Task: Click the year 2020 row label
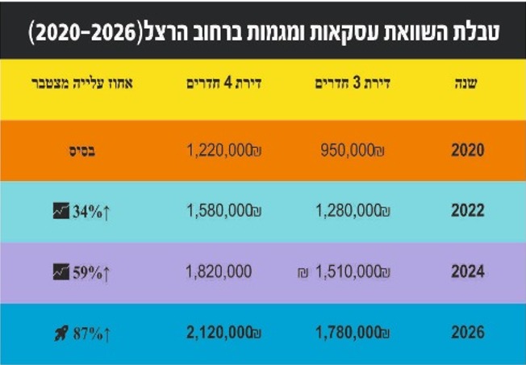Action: (468, 149)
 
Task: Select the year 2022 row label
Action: (468, 211)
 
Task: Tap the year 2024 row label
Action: (468, 272)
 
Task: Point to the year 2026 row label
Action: (468, 333)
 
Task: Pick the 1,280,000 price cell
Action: (349, 211)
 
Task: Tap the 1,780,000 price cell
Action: (349, 333)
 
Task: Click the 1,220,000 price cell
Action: (219, 149)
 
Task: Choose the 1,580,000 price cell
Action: (219, 211)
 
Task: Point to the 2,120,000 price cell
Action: (219, 333)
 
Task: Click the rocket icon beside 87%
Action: (61, 333)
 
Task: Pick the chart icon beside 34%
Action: (61, 212)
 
